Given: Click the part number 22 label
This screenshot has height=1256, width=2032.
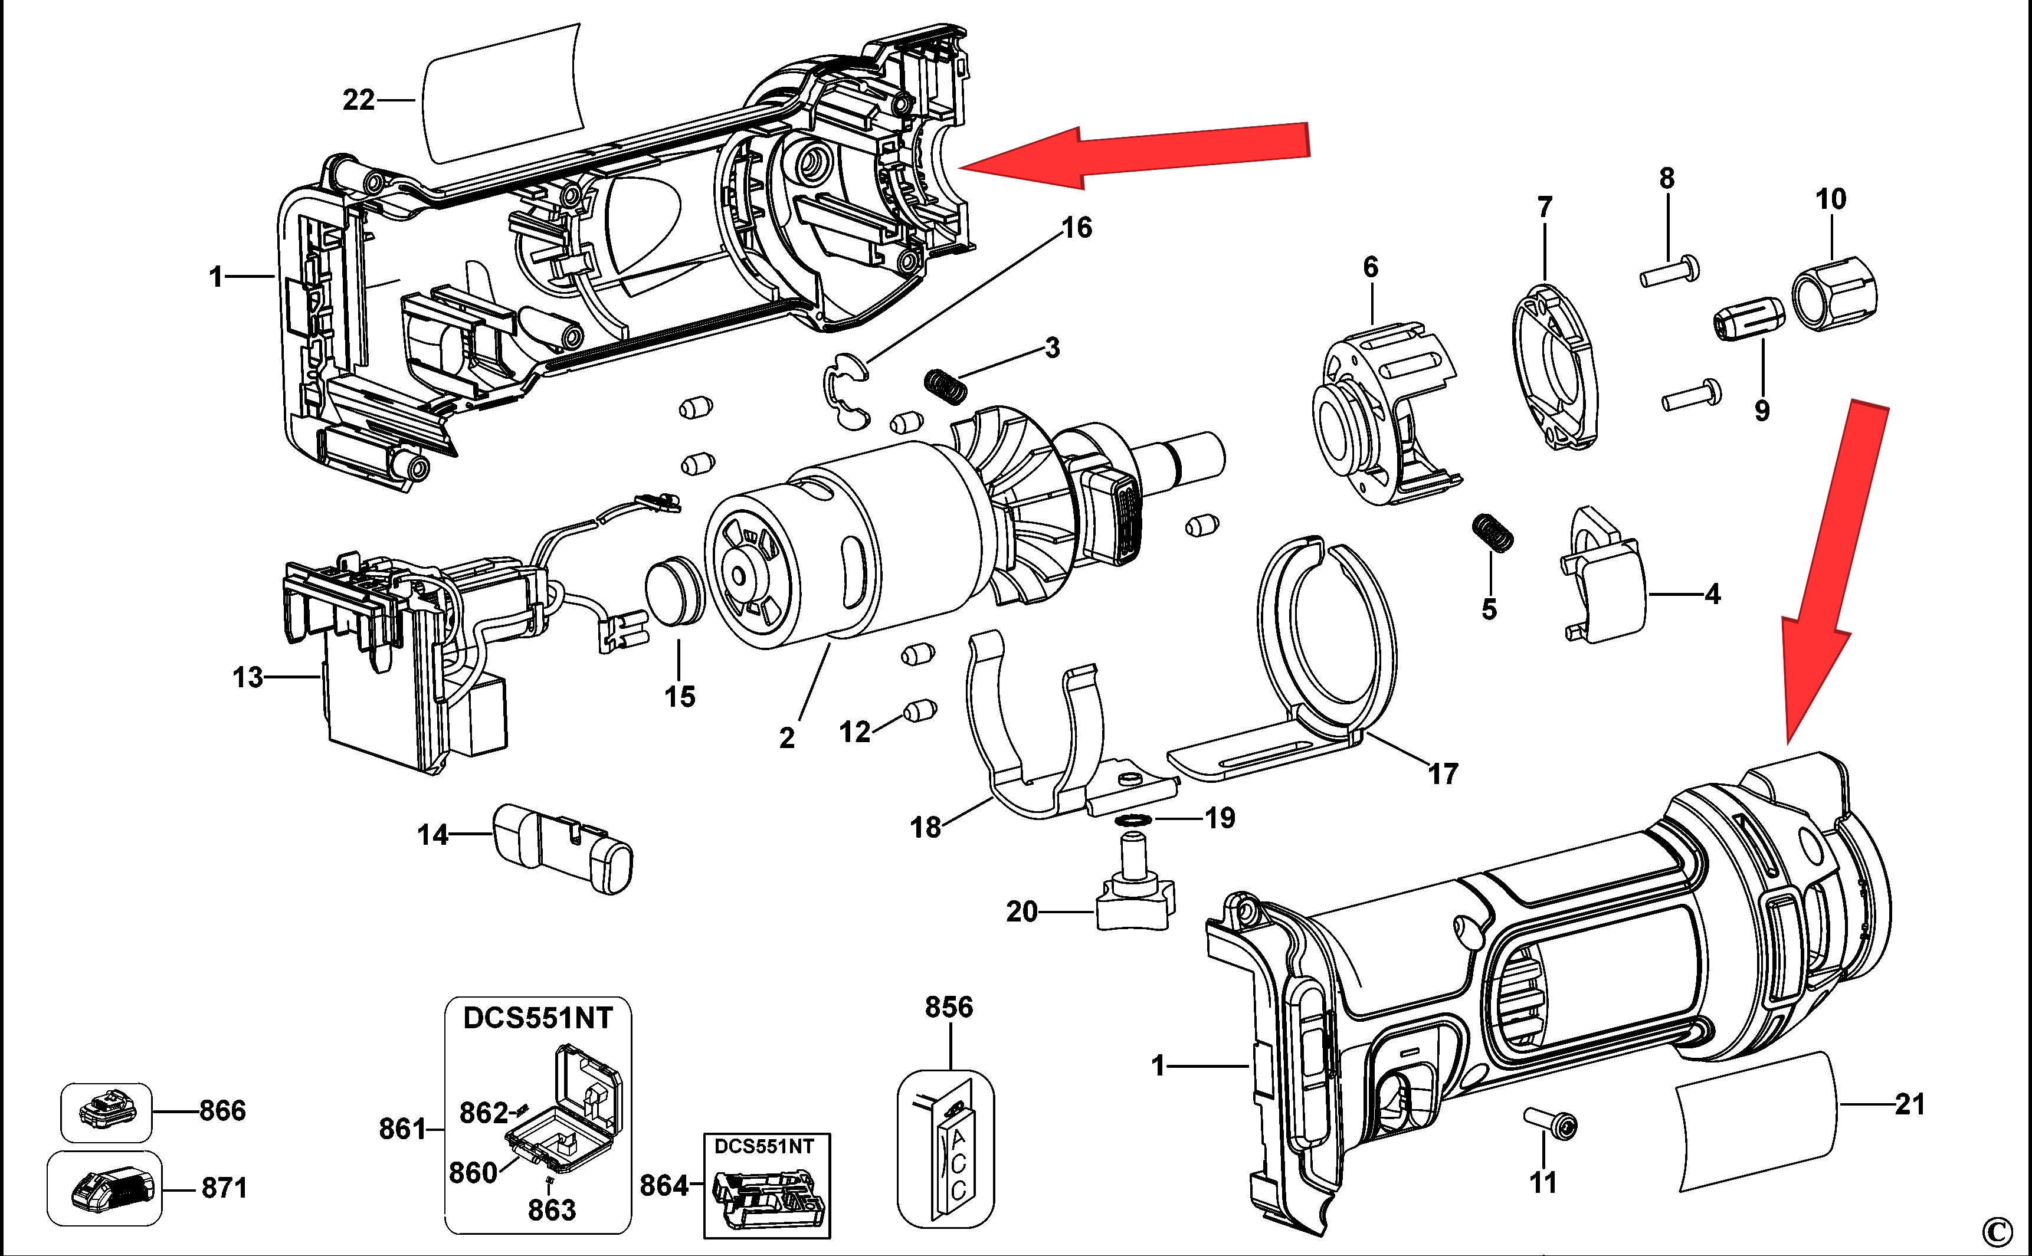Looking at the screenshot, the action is pyautogui.click(x=359, y=100).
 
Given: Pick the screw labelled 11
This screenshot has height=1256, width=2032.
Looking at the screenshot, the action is pyautogui.click(x=1550, y=1124).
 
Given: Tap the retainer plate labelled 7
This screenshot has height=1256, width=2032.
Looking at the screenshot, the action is pyautogui.click(x=1553, y=366).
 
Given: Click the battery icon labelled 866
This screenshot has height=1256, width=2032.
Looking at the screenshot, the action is pyautogui.click(x=106, y=1111).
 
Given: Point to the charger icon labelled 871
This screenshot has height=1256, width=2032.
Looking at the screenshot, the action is pyautogui.click(x=104, y=1188).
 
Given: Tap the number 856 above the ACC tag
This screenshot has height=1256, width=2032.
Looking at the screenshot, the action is pyautogui.click(x=949, y=1008).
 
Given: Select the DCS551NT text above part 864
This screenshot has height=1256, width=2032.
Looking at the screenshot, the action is pyautogui.click(x=764, y=1146).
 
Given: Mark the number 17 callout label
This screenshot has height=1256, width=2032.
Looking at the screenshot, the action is pyautogui.click(x=1443, y=774).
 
